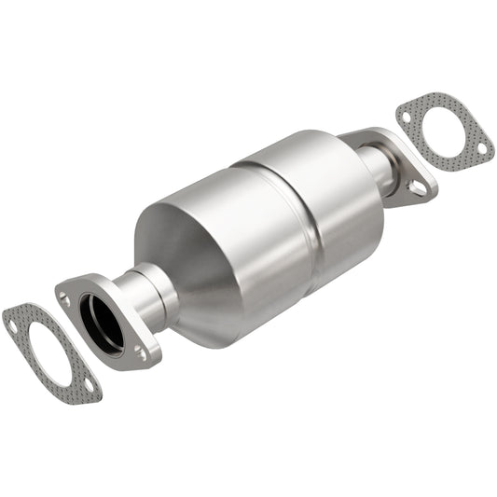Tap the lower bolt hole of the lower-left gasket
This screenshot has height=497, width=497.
point(88,384)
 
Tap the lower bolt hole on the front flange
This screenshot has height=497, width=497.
point(141,352)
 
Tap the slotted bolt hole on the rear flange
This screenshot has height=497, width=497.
point(419,187)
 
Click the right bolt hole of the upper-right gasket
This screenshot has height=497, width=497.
point(481,146)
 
